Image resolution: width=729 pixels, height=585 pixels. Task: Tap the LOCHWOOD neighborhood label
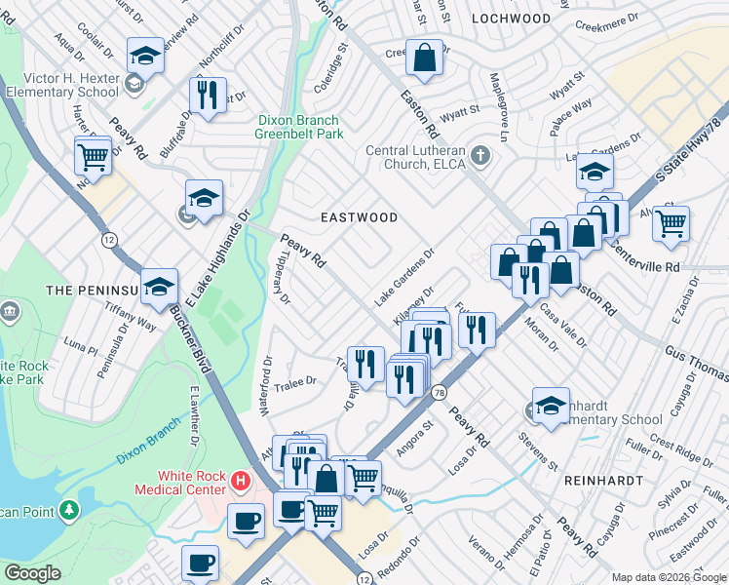(x=511, y=19)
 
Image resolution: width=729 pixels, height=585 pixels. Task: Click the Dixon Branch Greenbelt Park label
(x=301, y=127)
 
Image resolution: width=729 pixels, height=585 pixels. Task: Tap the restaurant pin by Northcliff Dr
(x=208, y=96)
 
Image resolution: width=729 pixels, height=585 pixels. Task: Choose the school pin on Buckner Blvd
(x=160, y=287)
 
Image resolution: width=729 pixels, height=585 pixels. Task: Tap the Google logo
(x=33, y=573)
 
